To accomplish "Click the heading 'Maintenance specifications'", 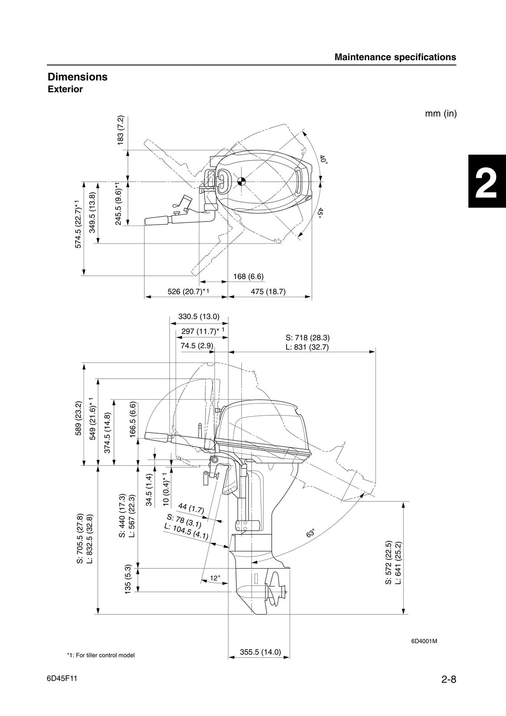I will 395,57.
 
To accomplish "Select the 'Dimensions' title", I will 78,77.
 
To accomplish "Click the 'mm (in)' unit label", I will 440,114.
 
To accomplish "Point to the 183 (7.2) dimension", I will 120,130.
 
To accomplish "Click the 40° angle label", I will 323,159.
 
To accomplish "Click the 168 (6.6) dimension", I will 249,277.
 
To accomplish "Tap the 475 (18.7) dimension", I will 268,292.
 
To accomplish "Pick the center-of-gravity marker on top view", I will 241,181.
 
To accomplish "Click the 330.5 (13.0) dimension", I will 199,316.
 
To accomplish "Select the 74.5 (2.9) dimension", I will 197,345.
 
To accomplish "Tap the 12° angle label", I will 215,578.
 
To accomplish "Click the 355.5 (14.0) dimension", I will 260,652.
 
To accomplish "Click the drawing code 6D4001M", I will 424,641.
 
